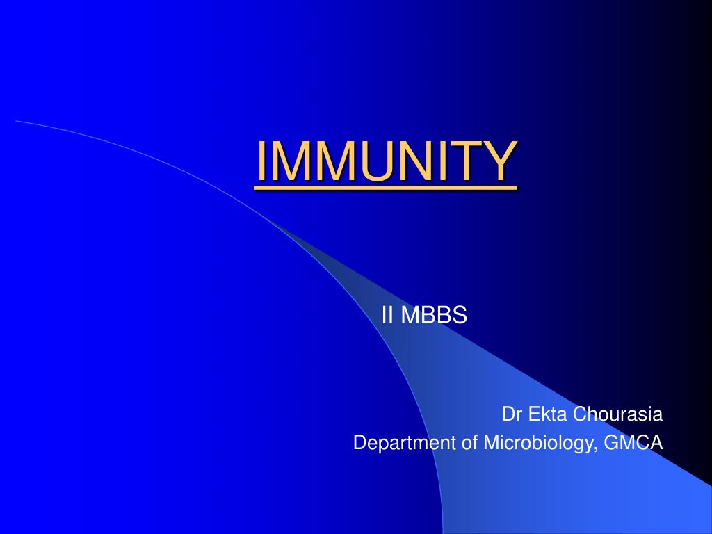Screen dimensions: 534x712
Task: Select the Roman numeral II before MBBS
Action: click(x=387, y=316)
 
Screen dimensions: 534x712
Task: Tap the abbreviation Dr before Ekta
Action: click(x=512, y=415)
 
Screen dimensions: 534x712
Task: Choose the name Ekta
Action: click(x=547, y=415)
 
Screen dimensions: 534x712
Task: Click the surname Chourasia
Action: click(x=618, y=415)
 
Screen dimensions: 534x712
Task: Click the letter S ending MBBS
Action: click(x=460, y=316)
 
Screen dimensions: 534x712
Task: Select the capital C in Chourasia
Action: click(x=580, y=415)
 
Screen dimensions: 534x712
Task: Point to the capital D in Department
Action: click(x=359, y=443)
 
